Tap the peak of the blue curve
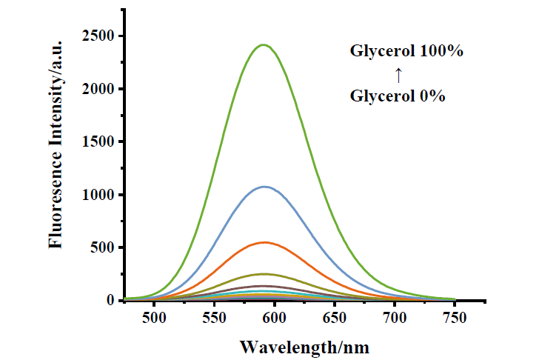point(264,187)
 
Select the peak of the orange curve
point(264,242)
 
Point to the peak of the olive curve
point(264,274)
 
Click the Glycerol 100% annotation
point(407,52)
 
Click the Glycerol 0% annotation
point(398,96)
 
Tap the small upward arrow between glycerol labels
point(398,74)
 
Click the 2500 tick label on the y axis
point(98,36)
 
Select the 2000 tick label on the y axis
point(98,89)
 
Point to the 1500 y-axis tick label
point(98,142)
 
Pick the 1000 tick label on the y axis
point(98,195)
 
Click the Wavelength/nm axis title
point(304,347)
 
